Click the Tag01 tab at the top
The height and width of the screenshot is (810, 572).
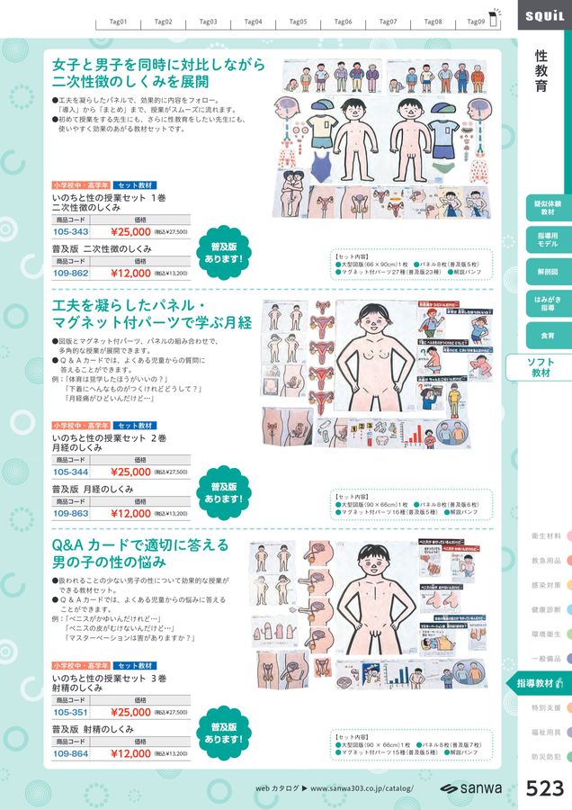click(117, 21)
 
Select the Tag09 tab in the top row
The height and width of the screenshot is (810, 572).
click(476, 21)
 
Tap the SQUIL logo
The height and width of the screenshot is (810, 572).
click(543, 15)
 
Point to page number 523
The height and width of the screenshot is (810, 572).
click(544, 788)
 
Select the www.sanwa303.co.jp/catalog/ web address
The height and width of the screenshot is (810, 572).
click(361, 788)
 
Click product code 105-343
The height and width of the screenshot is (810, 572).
click(71, 231)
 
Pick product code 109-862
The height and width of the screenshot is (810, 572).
click(71, 272)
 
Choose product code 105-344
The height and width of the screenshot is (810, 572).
click(71, 472)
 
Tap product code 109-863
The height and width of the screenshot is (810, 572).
click(71, 513)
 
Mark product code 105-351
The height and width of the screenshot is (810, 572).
click(71, 712)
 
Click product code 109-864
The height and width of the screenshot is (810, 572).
click(71, 753)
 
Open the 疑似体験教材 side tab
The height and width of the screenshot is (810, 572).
click(547, 208)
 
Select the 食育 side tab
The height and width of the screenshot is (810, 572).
click(547, 334)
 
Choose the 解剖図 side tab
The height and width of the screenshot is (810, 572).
click(547, 271)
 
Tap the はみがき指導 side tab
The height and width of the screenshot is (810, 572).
click(547, 302)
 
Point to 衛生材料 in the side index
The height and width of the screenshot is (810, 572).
click(547, 536)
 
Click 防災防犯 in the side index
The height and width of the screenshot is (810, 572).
click(547, 757)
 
